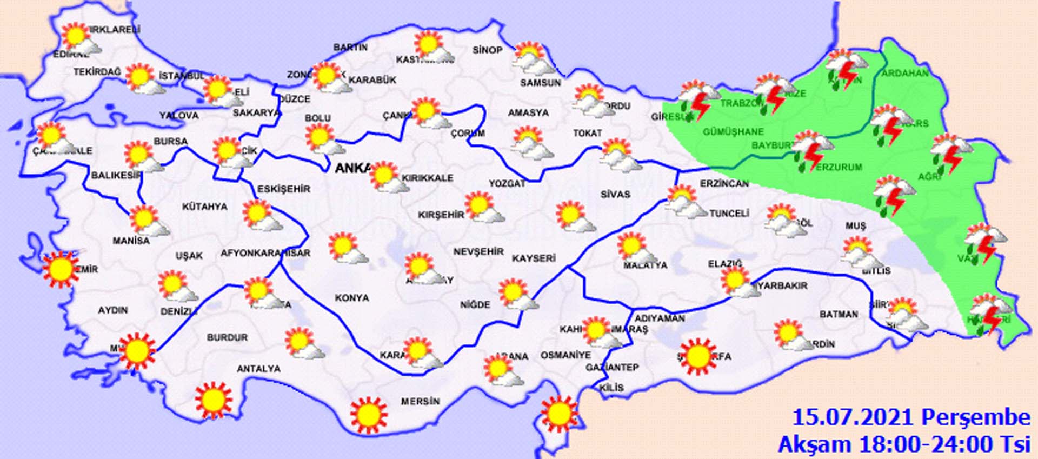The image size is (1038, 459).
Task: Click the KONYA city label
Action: coord(352,298)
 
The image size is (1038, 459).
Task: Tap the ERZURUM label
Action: coord(839,167)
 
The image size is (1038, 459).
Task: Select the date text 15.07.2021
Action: coord(854,417)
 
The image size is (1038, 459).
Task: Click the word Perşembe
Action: coord(975,417)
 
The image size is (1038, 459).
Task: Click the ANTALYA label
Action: coord(259,369)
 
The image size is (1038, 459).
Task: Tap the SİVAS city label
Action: coord(615,194)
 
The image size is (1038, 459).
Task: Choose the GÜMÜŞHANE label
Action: coord(733,131)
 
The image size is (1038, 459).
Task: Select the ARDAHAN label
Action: coord(905,73)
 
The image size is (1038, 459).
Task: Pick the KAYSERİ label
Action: coord(534,258)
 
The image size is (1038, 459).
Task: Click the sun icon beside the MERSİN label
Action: coord(369,414)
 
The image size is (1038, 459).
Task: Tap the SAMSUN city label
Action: coord(541,83)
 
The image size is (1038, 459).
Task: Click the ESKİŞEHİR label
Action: coord(284,189)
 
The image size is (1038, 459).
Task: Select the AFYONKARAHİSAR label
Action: coord(265,253)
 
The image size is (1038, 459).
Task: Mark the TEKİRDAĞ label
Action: coord(97,72)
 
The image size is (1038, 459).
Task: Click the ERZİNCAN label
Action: coord(724,184)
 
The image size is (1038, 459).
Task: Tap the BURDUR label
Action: coord(227,337)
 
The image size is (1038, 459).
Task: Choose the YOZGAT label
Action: coord(507,184)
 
